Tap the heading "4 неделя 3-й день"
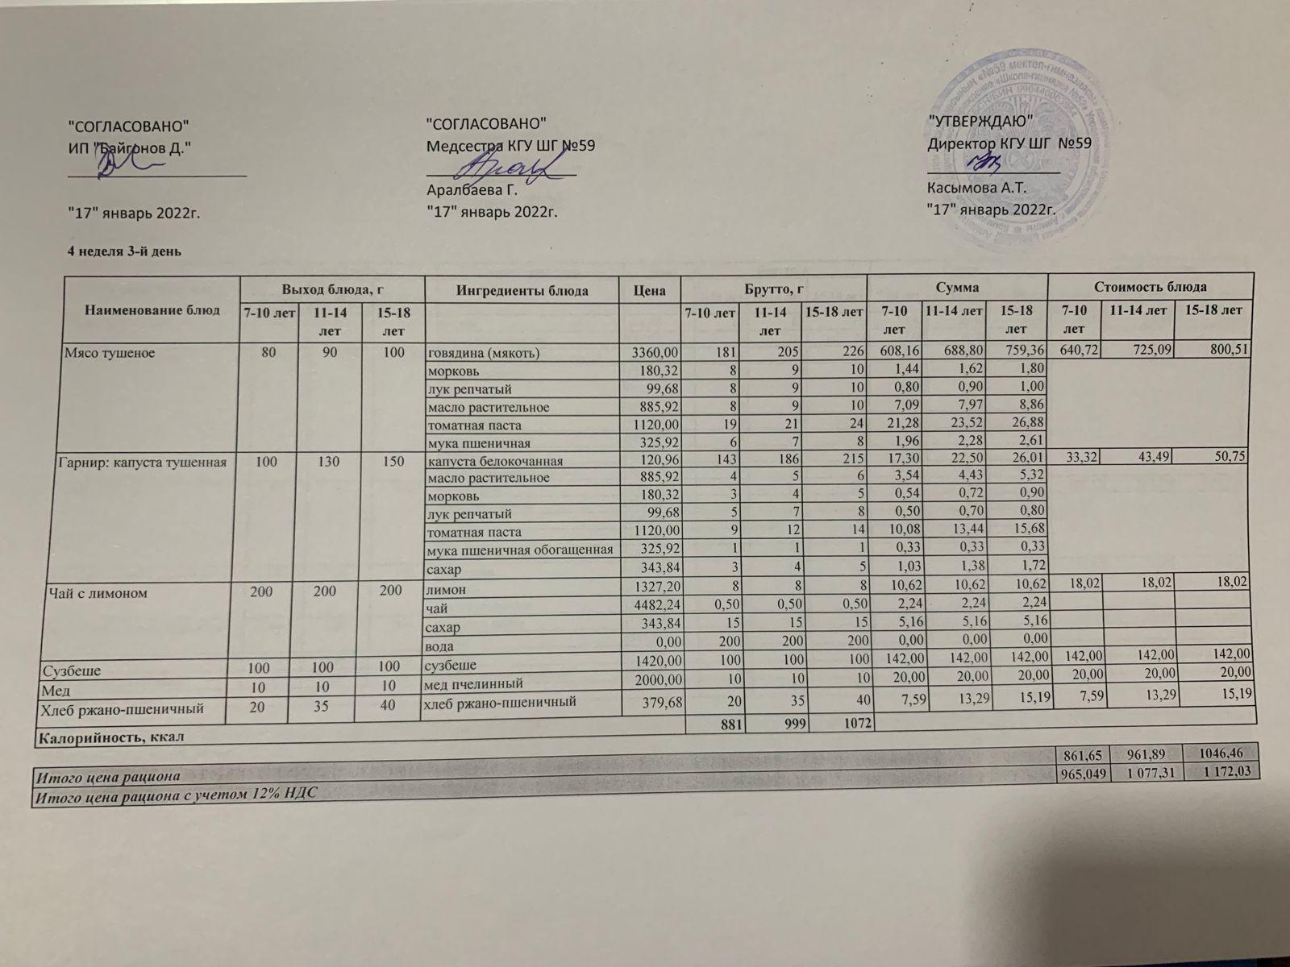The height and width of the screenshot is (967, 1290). click(x=123, y=251)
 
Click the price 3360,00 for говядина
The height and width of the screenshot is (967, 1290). click(x=660, y=353)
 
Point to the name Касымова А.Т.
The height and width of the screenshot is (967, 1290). click(x=976, y=189)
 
